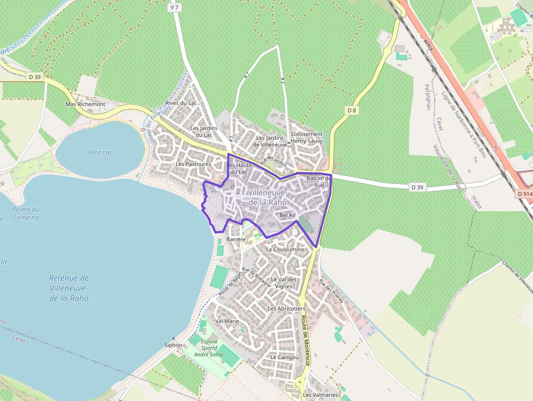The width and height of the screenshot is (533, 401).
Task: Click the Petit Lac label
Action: tap(100, 152)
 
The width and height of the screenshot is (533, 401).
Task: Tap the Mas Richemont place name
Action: tap(85, 104)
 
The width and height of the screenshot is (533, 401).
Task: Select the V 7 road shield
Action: tap(174, 8)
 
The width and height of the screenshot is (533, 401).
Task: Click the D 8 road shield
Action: tap(352, 110)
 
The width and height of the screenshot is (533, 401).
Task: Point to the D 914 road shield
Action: tap(524, 194)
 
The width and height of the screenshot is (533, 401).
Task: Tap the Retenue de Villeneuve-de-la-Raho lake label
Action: tap(69, 288)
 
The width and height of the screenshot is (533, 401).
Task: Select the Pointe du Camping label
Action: tap(26, 213)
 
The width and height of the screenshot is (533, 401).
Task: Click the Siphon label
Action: tap(173, 345)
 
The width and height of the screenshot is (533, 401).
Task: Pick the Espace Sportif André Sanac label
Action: tap(209, 348)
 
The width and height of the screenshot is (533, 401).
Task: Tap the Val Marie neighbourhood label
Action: tap(227, 321)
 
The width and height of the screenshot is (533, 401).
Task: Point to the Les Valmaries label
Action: tap(320, 395)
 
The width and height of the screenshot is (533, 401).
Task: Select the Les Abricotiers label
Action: tap(286, 309)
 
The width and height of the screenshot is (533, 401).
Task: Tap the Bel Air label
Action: tap(287, 215)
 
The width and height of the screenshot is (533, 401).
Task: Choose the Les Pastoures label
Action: tap(193, 164)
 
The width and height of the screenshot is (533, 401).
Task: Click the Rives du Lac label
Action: tap(181, 103)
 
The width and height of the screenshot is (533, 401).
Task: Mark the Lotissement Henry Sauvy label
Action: tap(307, 137)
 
